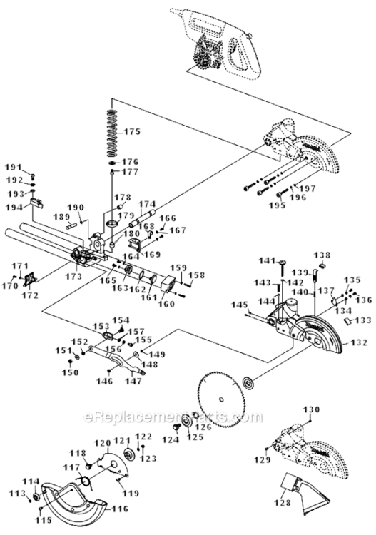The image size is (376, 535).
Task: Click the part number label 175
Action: (134, 131)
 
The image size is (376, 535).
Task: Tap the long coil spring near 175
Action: (111, 133)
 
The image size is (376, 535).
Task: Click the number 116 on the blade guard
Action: (119, 509)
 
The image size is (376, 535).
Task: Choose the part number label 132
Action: (358, 343)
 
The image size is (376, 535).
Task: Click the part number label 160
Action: (166, 304)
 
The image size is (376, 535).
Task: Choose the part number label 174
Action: (146, 203)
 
